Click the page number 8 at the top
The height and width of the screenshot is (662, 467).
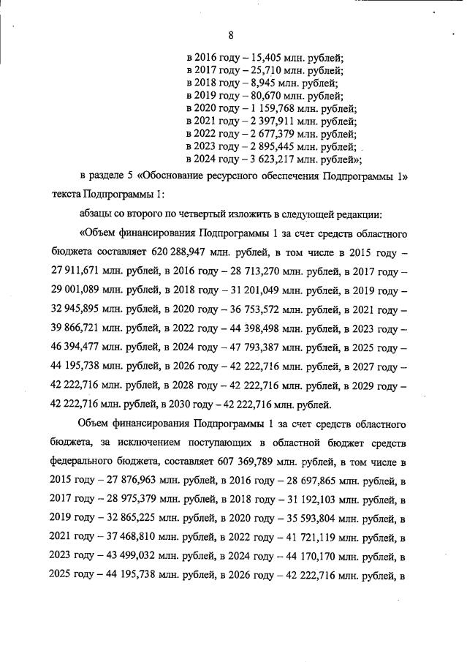231,35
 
